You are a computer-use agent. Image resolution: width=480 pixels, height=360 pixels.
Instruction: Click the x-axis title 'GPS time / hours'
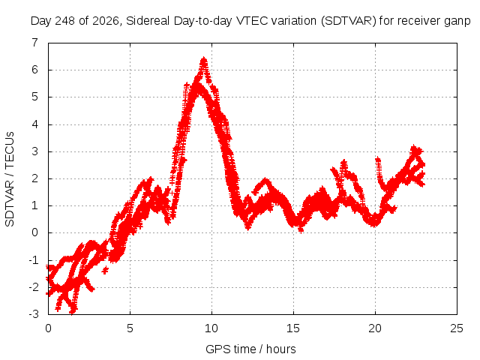250,349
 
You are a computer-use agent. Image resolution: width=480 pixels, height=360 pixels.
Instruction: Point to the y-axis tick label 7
35,43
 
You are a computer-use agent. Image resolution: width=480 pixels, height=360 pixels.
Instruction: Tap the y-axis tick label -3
33,314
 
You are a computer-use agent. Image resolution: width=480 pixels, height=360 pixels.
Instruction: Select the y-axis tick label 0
35,232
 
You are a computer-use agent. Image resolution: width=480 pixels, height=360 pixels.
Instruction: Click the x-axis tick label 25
457,328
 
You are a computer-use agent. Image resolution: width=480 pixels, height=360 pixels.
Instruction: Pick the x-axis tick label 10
211,328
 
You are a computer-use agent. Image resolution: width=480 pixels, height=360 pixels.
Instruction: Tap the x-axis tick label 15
293,328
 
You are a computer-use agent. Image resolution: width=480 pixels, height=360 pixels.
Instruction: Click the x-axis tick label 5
130,328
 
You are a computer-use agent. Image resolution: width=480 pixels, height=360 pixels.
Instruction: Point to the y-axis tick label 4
35,124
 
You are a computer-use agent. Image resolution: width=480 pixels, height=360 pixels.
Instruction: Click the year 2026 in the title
106,21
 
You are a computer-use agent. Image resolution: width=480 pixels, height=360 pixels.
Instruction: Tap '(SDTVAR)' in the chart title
348,21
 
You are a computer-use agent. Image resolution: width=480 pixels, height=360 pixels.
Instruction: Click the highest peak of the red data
203,58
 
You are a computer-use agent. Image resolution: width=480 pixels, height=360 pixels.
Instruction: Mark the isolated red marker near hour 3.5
105,270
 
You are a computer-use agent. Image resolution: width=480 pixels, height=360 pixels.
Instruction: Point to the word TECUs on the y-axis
10,150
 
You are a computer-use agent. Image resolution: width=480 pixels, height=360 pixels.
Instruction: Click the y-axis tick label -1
33,260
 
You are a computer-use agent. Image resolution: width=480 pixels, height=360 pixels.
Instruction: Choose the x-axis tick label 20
375,328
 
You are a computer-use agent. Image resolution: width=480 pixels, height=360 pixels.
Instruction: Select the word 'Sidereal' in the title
148,21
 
